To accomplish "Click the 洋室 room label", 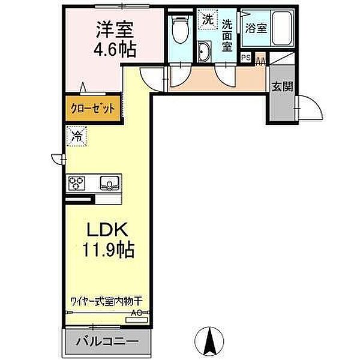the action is click(115, 30).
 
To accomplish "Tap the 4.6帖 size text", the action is click(115, 49).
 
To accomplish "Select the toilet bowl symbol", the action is click(180, 29).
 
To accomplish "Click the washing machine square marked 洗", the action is click(208, 19).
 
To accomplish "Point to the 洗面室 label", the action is click(227, 35).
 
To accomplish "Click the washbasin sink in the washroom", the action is click(205, 52).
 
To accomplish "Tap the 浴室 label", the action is click(256, 28).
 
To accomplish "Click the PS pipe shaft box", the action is click(246, 58).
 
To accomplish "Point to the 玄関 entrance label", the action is click(283, 87).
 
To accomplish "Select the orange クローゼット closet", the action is click(93, 108).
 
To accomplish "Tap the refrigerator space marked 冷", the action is click(77, 136).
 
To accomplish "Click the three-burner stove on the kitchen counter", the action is click(76, 183).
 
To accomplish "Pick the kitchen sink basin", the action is click(110, 183).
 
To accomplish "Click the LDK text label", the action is click(107, 230).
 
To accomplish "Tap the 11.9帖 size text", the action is click(109, 250).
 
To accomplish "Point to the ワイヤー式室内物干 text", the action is click(107, 301).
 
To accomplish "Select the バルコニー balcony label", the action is click(107, 342).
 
